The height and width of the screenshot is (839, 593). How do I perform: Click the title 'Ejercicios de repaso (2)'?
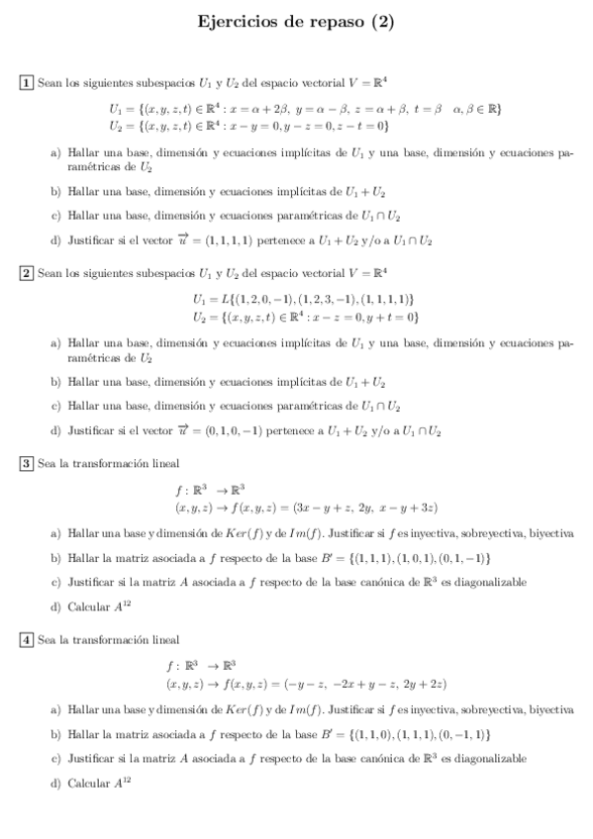(296, 21)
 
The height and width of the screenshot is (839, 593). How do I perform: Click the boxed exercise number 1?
(28, 82)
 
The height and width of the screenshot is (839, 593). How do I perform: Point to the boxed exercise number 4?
(28, 639)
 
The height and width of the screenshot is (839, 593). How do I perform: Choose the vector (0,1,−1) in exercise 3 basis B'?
(463, 558)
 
